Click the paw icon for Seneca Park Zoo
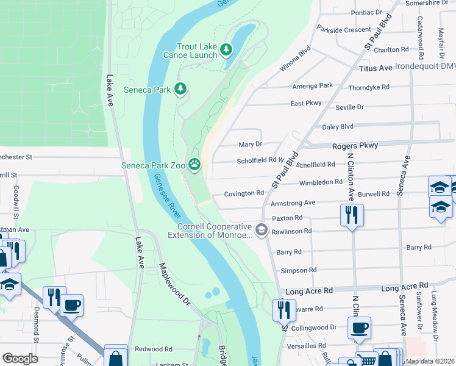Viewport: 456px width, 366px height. [x=194, y=163]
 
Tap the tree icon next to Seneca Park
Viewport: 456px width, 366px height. [x=180, y=90]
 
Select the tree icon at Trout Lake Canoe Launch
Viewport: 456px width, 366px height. [x=226, y=49]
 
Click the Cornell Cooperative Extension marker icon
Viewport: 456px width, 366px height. [x=262, y=229]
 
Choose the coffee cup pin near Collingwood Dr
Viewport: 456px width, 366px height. [x=359, y=328]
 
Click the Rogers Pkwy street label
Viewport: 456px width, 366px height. [x=355, y=145]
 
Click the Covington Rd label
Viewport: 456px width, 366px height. [x=244, y=193]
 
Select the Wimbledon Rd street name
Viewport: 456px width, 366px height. [x=321, y=182]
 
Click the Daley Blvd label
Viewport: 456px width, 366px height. [x=337, y=127]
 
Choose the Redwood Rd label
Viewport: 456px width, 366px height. [x=154, y=349]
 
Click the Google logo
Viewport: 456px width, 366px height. [x=20, y=359]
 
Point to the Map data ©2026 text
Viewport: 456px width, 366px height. [x=430, y=361]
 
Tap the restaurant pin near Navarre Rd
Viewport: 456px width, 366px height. [x=284, y=310]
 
